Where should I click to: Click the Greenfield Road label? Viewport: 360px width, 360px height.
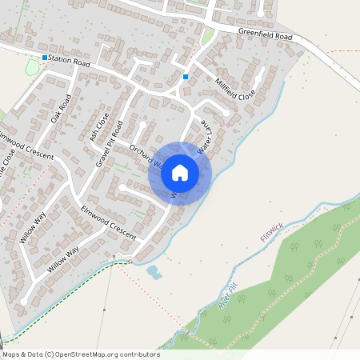tap(265, 35)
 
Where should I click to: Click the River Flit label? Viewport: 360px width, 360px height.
tap(228, 297)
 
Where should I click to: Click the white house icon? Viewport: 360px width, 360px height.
tap(180, 173)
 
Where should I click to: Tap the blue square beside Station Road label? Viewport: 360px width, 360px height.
tap(45, 58)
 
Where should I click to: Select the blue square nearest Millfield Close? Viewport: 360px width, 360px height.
tap(186, 77)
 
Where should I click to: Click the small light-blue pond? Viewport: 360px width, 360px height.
tap(154, 272)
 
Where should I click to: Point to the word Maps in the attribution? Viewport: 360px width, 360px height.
tap(11, 354)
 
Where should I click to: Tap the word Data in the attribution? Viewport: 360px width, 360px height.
tap(36, 354)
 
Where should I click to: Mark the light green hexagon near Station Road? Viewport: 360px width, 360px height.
tap(33, 68)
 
